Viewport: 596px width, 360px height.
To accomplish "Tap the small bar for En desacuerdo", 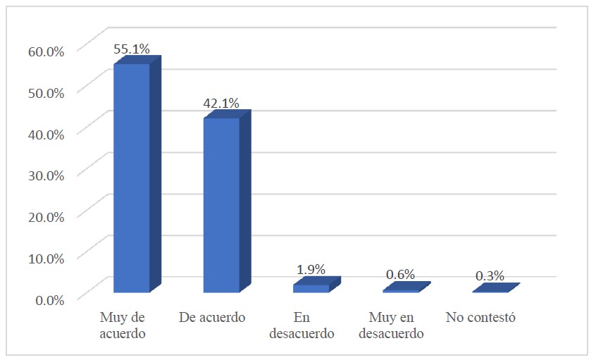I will point(311,287).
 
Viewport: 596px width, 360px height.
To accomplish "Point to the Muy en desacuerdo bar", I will point(401,290).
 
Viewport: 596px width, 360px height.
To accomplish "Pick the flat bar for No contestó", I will point(491,290).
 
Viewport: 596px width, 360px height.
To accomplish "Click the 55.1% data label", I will point(132,49).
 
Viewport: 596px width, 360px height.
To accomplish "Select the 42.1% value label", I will point(221,104).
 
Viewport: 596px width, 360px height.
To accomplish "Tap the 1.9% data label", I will point(311,269).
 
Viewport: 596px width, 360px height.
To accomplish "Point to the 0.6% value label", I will point(401,275).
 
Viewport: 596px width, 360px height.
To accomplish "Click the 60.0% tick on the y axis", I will point(46,51).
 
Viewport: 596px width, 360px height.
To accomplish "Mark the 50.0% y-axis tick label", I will point(46,92).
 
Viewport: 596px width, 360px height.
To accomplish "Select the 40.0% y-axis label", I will point(46,133).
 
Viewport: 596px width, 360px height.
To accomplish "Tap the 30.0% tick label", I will point(46,175).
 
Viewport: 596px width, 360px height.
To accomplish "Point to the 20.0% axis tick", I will point(46,216).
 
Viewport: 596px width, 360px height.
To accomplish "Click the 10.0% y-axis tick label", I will point(46,257).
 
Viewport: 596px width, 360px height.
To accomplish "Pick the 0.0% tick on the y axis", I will point(49,299).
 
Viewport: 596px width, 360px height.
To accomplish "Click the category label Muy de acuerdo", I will point(123,325).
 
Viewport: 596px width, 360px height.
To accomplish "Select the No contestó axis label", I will point(481,318).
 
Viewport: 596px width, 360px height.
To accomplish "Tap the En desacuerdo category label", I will point(302,325).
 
